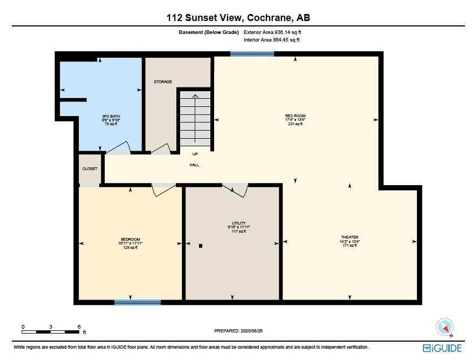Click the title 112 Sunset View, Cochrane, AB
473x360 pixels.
point(238,18)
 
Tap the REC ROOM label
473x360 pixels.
point(295,116)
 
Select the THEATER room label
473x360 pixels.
point(349,237)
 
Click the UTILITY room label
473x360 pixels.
point(238,223)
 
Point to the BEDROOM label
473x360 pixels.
point(130,240)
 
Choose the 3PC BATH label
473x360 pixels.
point(111,117)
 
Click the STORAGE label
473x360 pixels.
point(163,82)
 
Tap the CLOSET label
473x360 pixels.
point(90,169)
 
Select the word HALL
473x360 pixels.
point(194,165)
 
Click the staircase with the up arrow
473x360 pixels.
point(195,119)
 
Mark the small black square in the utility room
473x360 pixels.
point(201,246)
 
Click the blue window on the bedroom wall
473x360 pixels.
point(137,302)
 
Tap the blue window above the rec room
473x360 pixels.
point(252,54)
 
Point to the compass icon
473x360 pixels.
point(445,327)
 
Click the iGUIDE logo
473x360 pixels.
point(442,348)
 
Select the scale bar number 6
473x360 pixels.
point(79,327)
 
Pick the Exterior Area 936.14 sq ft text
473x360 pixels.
point(272,32)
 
